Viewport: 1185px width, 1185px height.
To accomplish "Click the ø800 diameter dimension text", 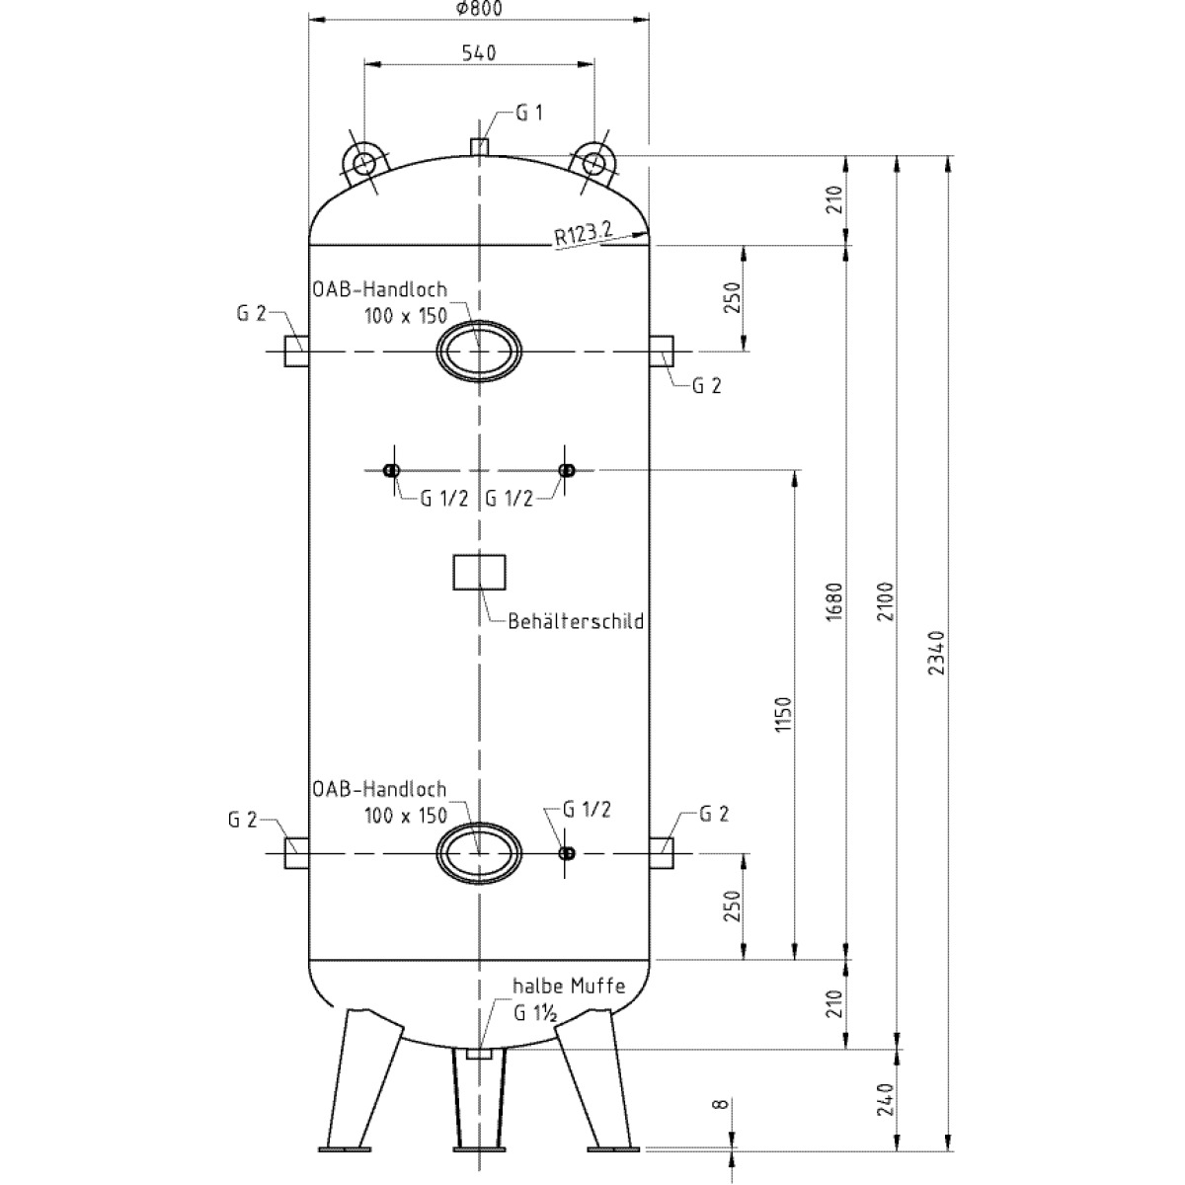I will [479, 9].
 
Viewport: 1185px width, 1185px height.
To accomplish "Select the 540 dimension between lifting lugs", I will [478, 51].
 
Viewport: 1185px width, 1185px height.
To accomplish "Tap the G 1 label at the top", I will [530, 114].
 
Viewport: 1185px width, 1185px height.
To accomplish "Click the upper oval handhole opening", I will [479, 351].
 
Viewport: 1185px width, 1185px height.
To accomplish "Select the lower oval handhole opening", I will [479, 852].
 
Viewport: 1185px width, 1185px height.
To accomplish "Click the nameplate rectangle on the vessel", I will [479, 572].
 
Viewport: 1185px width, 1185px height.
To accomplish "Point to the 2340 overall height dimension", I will [936, 652].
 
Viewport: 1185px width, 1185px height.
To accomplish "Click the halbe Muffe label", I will [568, 987].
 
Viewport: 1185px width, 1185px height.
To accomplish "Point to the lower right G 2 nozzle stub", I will [662, 852].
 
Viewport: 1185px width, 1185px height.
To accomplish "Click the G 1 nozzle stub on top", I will [479, 146].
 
